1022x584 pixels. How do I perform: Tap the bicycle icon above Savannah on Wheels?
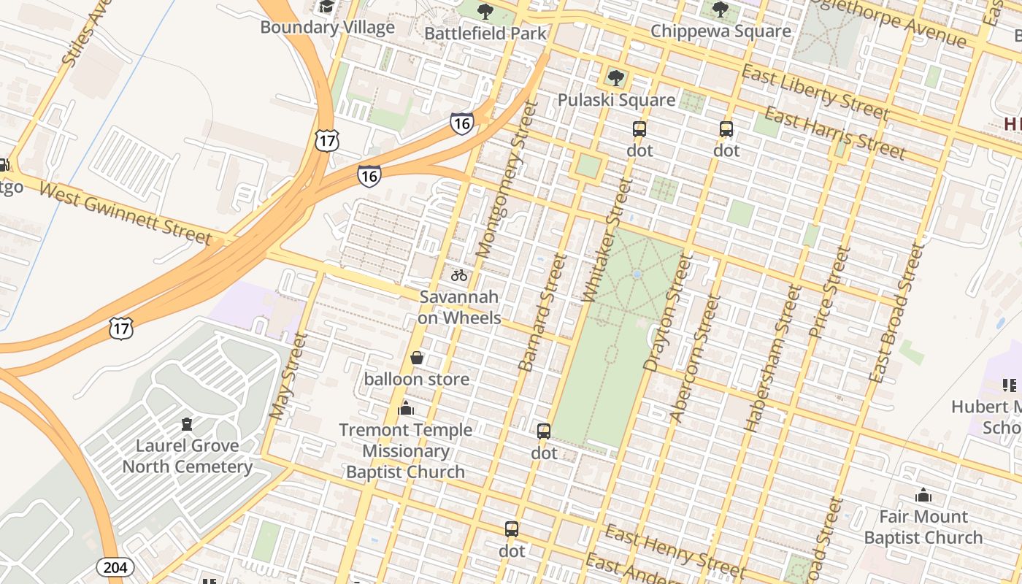tap(459, 275)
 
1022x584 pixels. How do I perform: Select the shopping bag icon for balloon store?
tap(417, 358)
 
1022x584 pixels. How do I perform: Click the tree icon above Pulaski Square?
tap(616, 77)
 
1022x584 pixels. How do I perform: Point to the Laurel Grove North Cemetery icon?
tap(187, 424)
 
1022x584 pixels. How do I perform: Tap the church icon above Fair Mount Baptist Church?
tap(923, 495)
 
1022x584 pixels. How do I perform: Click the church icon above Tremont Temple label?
tap(406, 408)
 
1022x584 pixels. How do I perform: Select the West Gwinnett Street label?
tap(125, 212)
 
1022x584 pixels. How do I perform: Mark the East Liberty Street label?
tap(815, 92)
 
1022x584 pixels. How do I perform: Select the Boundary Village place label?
tap(327, 28)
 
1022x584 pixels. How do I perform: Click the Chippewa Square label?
tap(720, 31)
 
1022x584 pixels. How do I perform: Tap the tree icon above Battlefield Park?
tap(485, 12)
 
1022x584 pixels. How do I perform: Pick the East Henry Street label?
tap(675, 553)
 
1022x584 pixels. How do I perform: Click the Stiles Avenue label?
tap(86, 33)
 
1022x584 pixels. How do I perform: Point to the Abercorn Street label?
tap(693, 358)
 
